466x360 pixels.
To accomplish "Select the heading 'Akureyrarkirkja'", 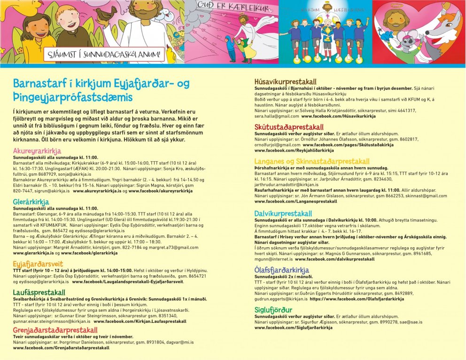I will [37, 151].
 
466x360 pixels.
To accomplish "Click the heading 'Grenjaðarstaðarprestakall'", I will [55, 330].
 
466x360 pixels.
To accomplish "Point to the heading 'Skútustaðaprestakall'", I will [289, 127].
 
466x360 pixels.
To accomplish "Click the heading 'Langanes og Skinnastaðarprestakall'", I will [312, 162].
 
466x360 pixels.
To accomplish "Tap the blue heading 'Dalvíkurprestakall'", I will [283, 213].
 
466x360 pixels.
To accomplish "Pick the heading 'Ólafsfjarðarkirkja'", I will [281, 270].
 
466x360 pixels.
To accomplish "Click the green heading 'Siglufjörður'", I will [273, 310].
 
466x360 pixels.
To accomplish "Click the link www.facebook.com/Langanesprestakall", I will [295, 201].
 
